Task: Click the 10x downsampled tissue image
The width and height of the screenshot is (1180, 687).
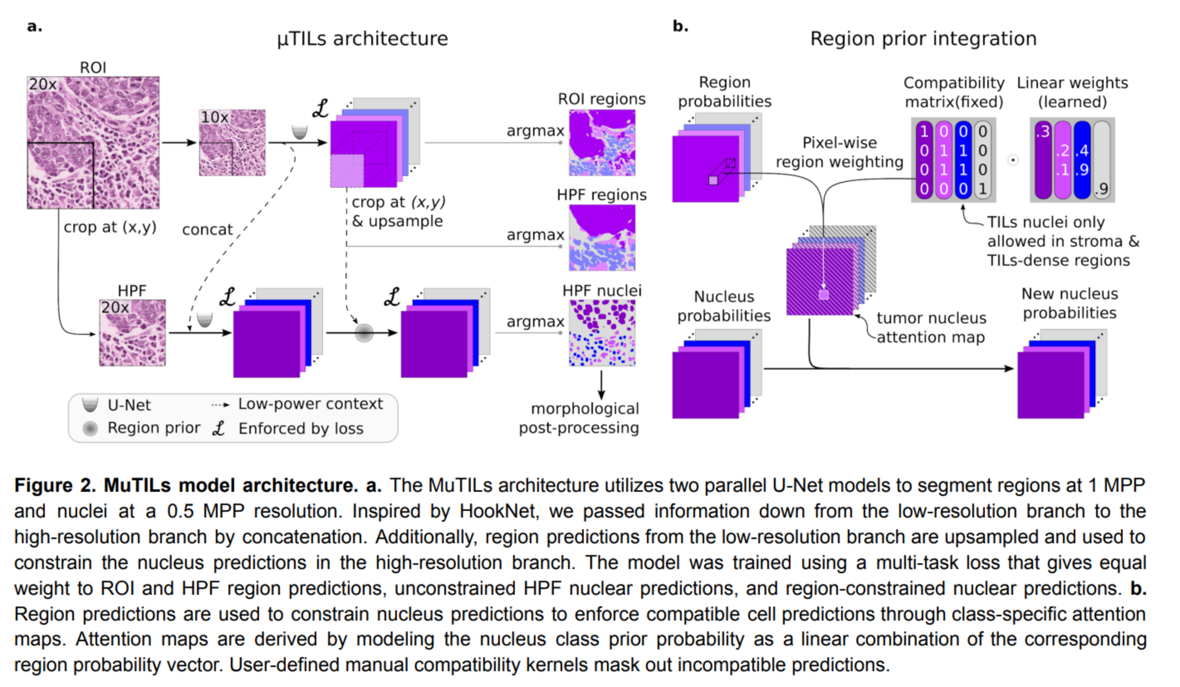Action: (232, 143)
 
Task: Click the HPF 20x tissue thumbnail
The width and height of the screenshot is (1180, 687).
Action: (132, 333)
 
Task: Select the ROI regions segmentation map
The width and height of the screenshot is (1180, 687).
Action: (602, 143)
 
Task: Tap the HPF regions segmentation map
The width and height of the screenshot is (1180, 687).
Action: (602, 238)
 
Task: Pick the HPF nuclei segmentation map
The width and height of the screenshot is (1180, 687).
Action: (602, 333)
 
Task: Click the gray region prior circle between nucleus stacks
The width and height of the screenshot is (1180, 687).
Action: (364, 334)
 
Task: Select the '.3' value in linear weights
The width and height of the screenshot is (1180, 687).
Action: (1043, 132)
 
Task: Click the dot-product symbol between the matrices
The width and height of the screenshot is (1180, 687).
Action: (1013, 160)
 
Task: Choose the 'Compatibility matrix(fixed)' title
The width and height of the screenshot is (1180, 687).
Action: (954, 92)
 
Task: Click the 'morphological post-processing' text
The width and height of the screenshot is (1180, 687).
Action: (580, 418)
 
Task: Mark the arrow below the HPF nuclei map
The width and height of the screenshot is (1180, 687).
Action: (601, 385)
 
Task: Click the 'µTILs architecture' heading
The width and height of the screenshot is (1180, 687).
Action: (362, 38)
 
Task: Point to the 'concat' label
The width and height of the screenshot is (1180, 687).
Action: (207, 229)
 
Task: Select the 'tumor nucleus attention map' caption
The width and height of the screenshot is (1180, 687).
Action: (931, 327)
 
